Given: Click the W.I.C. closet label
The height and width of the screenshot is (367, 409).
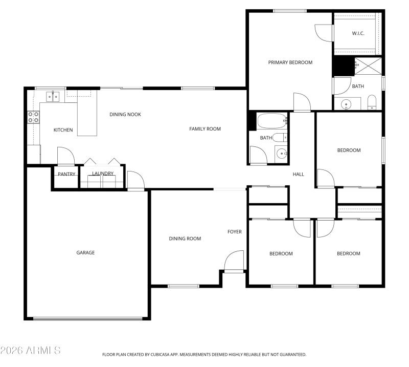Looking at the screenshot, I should pos(357,34).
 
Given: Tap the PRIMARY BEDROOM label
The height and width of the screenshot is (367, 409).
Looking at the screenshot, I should pos(290,62).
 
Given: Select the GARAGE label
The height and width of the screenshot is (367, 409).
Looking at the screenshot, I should pos(85,252).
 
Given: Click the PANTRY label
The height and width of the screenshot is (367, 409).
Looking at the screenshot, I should pos(66,174).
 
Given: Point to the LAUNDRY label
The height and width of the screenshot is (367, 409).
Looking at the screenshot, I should pos(103,174).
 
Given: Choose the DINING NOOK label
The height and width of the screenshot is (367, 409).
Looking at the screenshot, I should pos(125,114).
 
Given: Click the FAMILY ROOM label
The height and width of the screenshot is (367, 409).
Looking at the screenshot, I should pos(205,129).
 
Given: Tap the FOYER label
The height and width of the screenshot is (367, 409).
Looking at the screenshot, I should pos(234,232).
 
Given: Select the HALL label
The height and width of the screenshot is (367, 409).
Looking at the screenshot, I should pos(298,175).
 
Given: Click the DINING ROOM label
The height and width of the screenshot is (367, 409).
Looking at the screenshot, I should pos(185,239).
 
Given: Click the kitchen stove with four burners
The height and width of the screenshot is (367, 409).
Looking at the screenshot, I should pos(34,117).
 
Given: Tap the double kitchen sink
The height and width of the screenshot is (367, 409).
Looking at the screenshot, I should pos(53,96).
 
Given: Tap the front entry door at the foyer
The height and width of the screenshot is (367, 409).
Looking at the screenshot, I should pos(234,262).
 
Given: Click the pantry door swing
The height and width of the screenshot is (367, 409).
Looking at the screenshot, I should pos(65,156).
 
